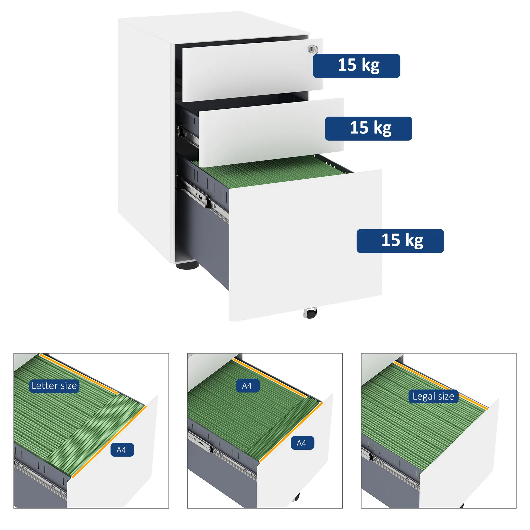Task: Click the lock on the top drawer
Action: coord(312,49)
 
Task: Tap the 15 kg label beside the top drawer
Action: coord(356,66)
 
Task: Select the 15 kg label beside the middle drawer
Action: coord(368,129)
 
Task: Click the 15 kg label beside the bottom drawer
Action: coord(400,241)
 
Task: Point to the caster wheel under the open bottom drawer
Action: coord(310,313)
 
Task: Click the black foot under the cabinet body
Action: coord(187,265)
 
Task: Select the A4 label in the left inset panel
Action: coord(122,450)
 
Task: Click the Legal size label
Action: coord(433,396)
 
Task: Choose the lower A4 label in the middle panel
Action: coord(302,443)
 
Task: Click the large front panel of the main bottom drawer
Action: coord(304,244)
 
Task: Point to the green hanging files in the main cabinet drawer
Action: coord(272,171)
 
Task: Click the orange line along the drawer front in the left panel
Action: coord(110,441)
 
